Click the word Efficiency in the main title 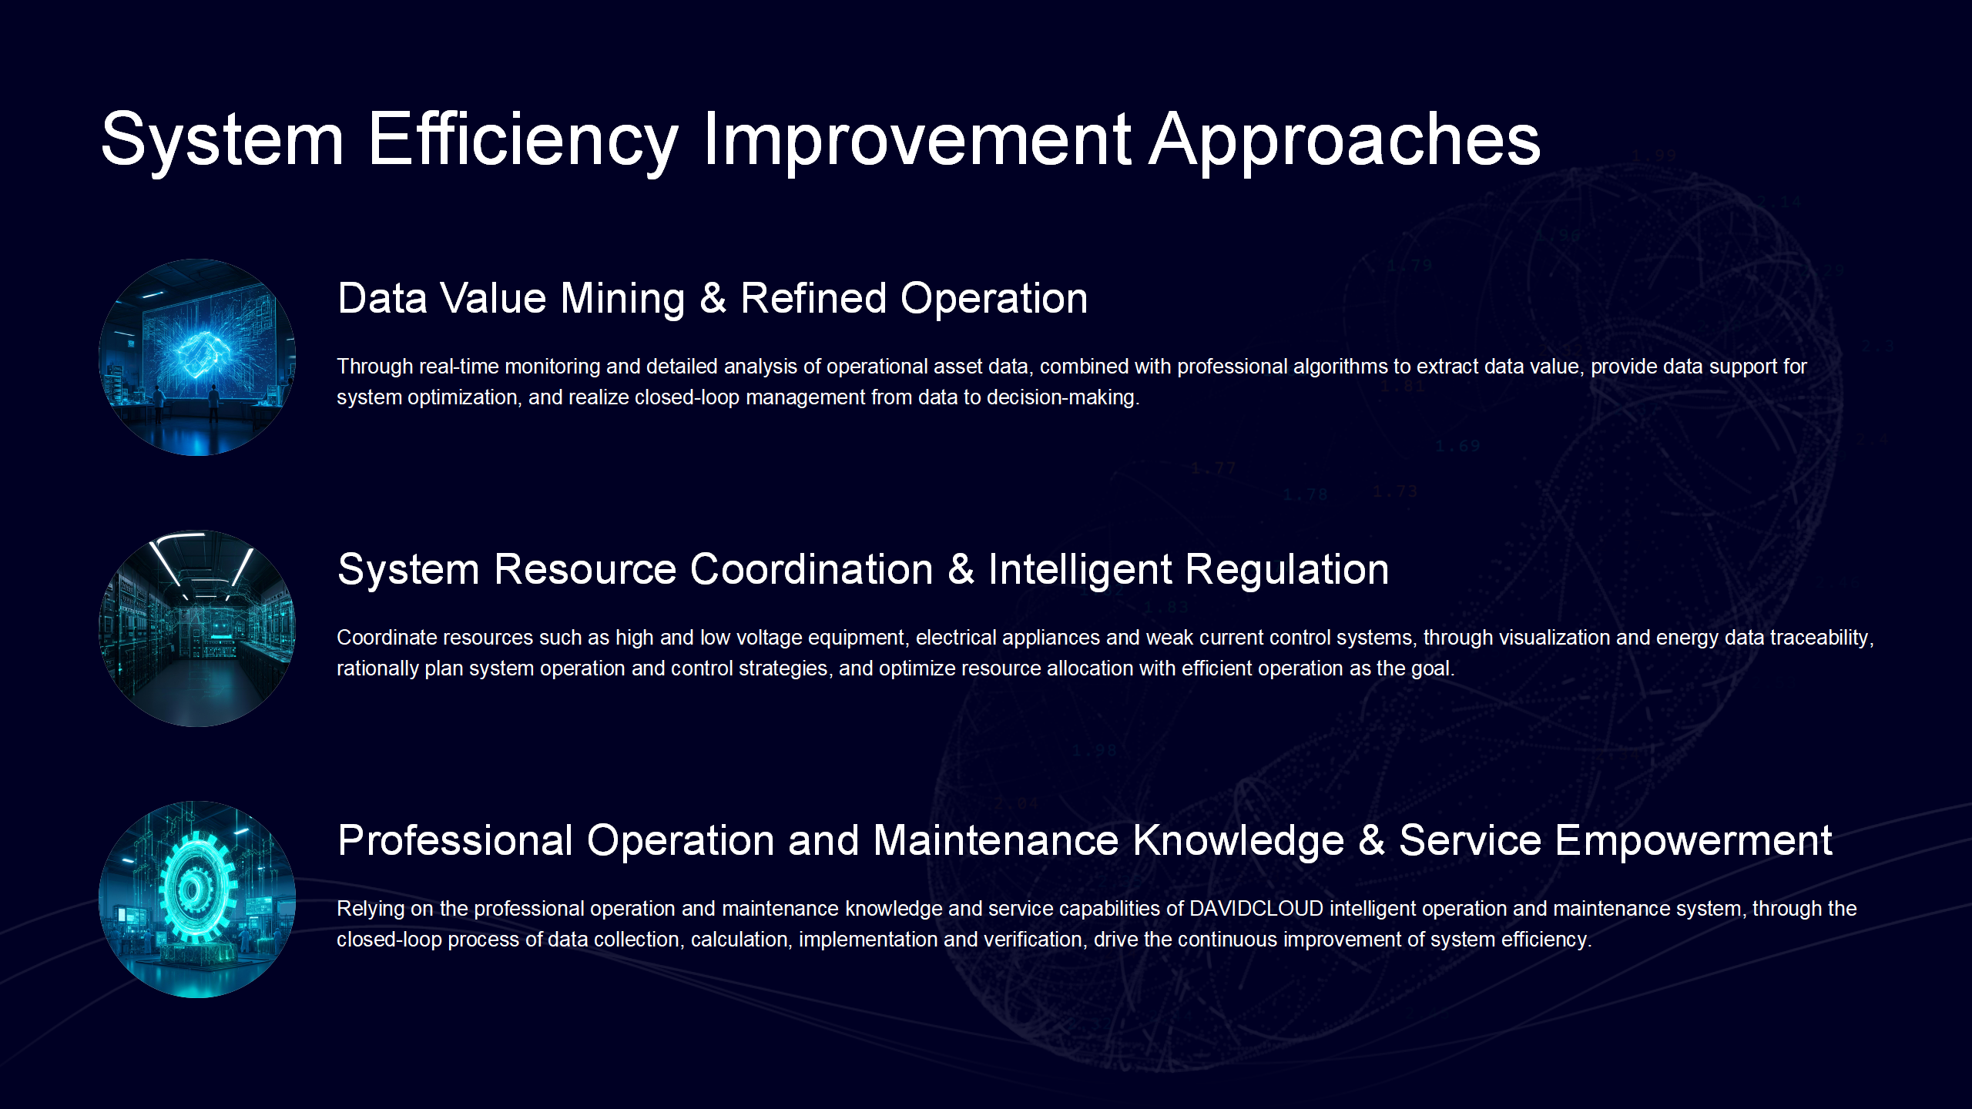tap(523, 140)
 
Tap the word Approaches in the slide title tap(1345, 140)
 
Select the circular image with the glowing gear tap(197, 900)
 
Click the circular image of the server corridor tap(197, 628)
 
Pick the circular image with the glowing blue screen tap(197, 357)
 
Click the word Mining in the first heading tap(622, 300)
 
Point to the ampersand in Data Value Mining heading tap(713, 299)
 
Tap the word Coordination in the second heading tap(812, 570)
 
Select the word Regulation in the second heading tap(1286, 570)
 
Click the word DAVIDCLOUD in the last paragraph tap(1256, 909)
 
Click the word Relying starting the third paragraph tap(371, 910)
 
